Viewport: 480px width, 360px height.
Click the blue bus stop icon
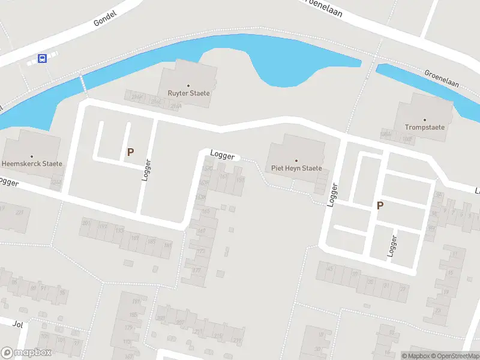click(43, 58)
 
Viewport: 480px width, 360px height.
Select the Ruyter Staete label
click(188, 94)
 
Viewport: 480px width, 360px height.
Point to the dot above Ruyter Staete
click(188, 86)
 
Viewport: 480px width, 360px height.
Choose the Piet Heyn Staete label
click(296, 169)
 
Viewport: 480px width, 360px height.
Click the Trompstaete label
click(425, 128)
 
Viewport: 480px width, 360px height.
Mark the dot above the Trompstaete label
click(425, 120)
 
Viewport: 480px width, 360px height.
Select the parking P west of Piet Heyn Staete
click(130, 153)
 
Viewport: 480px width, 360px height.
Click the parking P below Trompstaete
click(380, 206)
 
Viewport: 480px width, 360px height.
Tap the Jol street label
click(17, 323)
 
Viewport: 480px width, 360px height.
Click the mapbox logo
click(26, 353)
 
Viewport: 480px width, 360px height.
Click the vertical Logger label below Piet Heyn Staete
click(333, 195)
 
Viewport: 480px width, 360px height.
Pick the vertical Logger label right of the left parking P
click(146, 170)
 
